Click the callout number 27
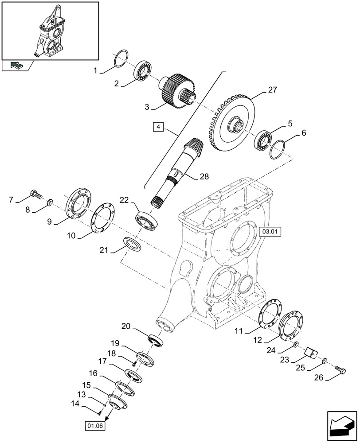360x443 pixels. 272,90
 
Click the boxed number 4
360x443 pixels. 157,128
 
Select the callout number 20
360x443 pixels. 126,327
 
